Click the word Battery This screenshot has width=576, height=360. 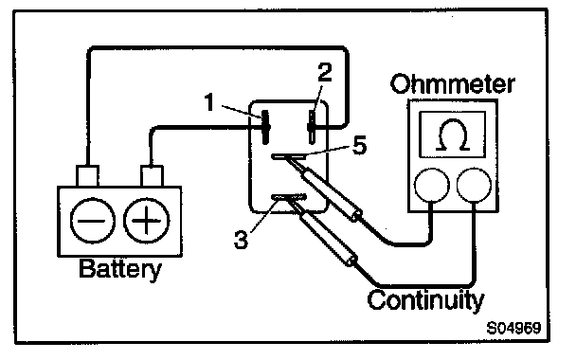pyautogui.click(x=120, y=269)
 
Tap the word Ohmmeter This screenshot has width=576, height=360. pyautogui.click(x=452, y=84)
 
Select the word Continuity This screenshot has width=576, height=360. pyautogui.click(x=425, y=300)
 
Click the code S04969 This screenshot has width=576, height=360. pyautogui.click(x=513, y=328)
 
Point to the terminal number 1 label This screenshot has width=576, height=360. pyautogui.click(x=209, y=102)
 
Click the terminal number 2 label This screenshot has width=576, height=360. pyautogui.click(x=325, y=72)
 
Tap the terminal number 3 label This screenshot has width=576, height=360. pyautogui.click(x=241, y=240)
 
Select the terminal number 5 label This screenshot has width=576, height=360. pyautogui.click(x=360, y=145)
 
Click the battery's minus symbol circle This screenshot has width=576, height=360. pyautogui.click(x=93, y=221)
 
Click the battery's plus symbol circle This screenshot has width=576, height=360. pyautogui.click(x=147, y=221)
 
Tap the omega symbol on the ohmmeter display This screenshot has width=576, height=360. pyautogui.click(x=453, y=135)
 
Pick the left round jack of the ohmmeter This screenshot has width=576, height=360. pyautogui.click(x=432, y=186)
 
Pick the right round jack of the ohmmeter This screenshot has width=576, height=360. pyautogui.click(x=474, y=186)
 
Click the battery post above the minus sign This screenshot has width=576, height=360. pyautogui.click(x=87, y=176)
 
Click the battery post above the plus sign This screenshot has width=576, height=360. pyautogui.click(x=152, y=176)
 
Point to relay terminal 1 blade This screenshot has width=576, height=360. pyautogui.click(x=266, y=127)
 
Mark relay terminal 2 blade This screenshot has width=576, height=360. pyautogui.click(x=312, y=127)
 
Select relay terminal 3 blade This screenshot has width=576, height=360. pyautogui.click(x=289, y=198)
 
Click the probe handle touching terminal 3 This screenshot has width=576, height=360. pyautogui.click(x=328, y=237)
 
